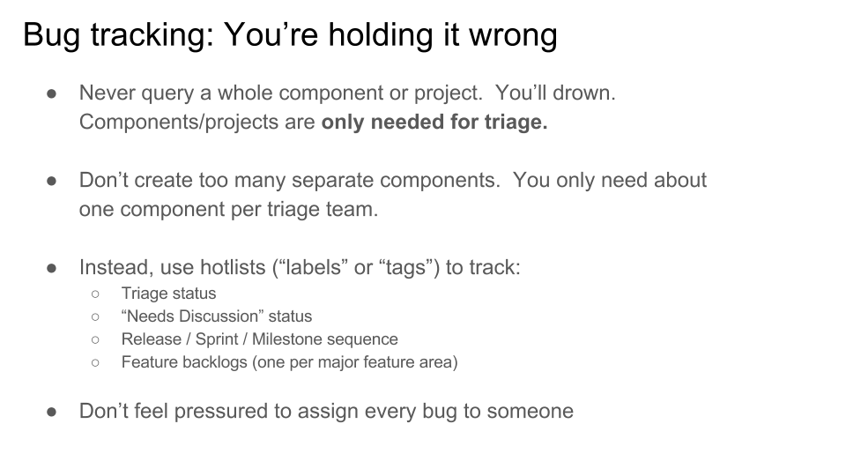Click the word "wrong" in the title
(x=513, y=35)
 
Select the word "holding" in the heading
(x=381, y=35)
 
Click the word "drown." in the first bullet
(x=584, y=93)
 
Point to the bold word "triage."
(x=516, y=123)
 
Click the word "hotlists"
(x=233, y=267)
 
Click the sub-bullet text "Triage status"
(x=169, y=294)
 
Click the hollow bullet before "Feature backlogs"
(x=95, y=362)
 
